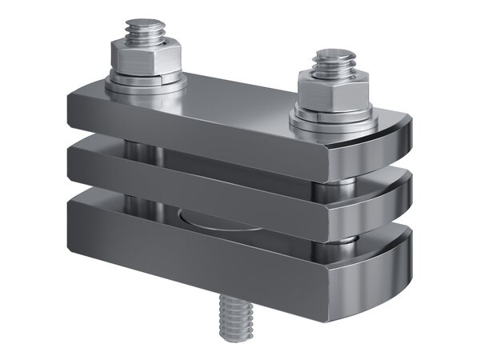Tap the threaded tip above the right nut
tap(330, 62)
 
